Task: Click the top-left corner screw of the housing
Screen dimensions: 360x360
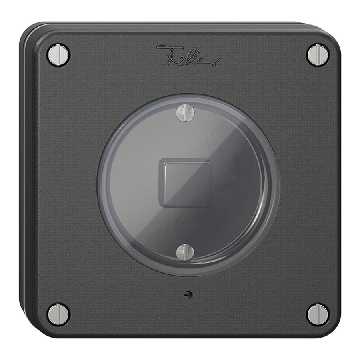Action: pyautogui.click(x=58, y=55)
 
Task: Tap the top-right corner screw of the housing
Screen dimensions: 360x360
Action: pyautogui.click(x=318, y=55)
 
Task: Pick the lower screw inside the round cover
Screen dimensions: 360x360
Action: pyautogui.click(x=185, y=252)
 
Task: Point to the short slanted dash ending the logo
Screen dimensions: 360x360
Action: pyautogui.click(x=218, y=61)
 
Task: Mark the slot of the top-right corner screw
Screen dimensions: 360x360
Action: pyautogui.click(x=318, y=55)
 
